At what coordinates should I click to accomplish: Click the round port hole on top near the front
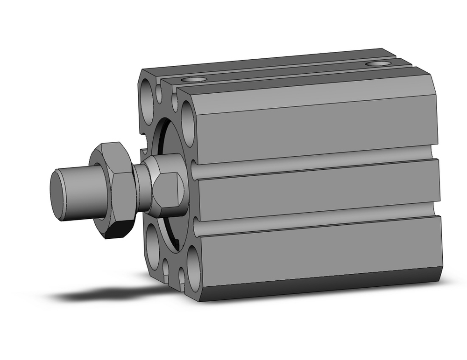coord(194,80)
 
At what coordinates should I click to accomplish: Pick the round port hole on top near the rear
coord(378,64)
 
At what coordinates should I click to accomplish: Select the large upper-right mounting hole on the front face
coord(188,123)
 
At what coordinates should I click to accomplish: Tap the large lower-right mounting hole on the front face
coord(193,271)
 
